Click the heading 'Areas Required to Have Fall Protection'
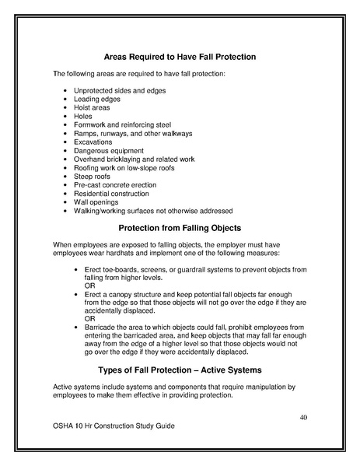[180, 57]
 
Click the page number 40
[304, 419]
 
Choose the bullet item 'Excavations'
[93, 142]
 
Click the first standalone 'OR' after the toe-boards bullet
[90, 286]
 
